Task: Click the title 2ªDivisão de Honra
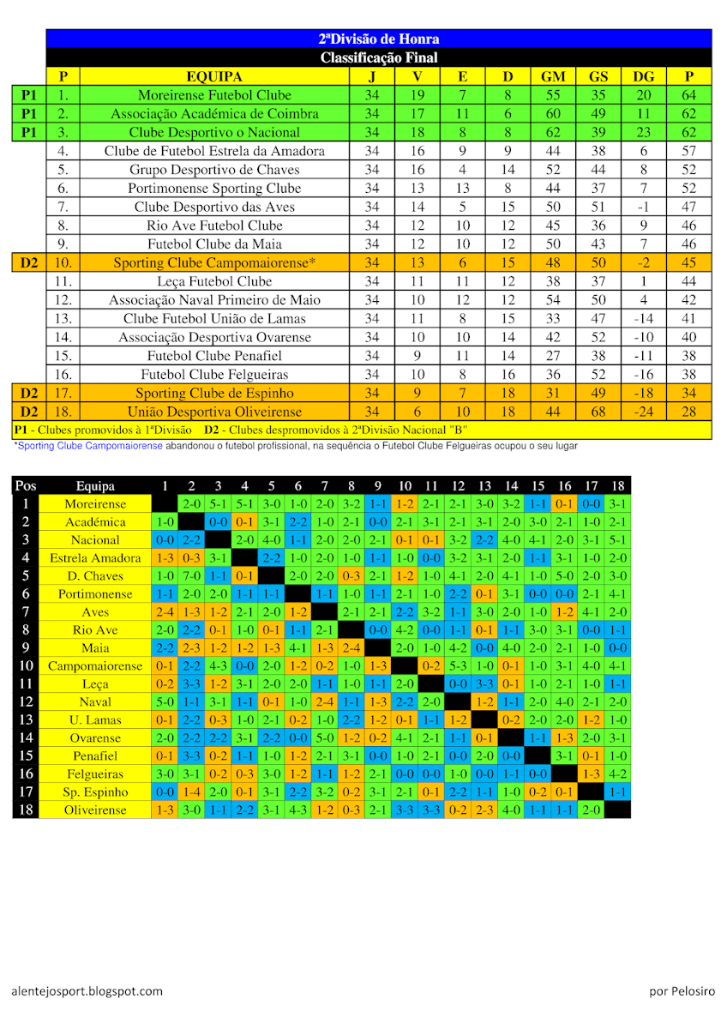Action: (378, 39)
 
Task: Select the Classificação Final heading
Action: (378, 57)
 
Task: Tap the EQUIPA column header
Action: (214, 76)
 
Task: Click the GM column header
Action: (553, 76)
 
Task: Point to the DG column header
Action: (643, 76)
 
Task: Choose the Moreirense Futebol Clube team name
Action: (214, 95)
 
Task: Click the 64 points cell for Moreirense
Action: (688, 95)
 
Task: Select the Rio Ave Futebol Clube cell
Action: (214, 226)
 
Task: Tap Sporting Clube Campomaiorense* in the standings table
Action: (214, 263)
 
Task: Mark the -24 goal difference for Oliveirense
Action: (643, 412)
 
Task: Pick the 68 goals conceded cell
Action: (598, 412)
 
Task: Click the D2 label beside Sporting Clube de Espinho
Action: (29, 393)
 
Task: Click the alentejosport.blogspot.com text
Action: (87, 991)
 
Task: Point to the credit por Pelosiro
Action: (682, 991)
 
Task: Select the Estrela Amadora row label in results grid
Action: (95, 558)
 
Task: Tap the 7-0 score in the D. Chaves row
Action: (191, 576)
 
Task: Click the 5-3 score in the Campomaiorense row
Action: (458, 666)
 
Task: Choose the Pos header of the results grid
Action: (26, 486)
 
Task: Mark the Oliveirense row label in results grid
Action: (95, 810)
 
